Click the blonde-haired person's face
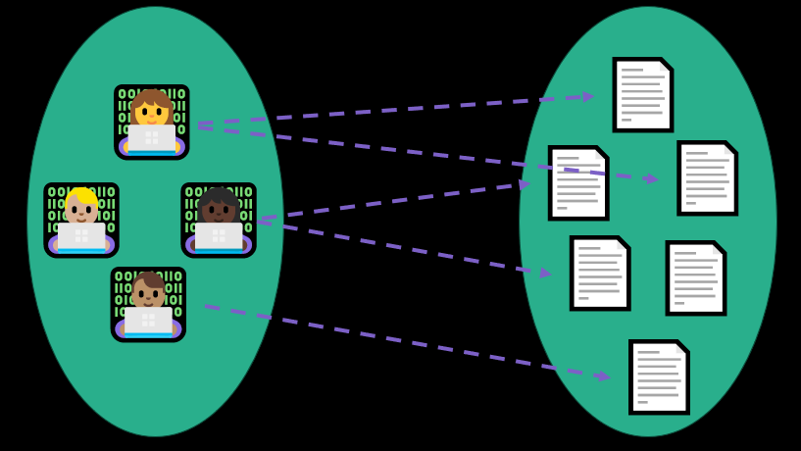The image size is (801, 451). [80, 211]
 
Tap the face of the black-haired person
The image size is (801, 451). [218, 210]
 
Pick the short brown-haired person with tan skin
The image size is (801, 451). [148, 295]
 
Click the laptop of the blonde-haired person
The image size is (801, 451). [81, 236]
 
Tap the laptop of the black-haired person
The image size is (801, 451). [218, 236]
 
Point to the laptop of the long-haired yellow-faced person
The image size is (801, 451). [151, 137]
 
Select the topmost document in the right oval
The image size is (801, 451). [642, 94]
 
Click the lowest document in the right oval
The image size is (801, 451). [659, 376]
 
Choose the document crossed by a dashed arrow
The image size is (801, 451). [577, 182]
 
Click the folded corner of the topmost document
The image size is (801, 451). [665, 66]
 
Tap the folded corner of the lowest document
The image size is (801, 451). [681, 347]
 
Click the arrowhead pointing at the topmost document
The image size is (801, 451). [587, 96]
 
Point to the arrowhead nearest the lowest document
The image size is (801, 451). [603, 376]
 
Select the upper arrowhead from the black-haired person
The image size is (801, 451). [525, 183]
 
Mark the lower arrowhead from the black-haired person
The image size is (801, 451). [545, 273]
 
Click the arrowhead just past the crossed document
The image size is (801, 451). [651, 178]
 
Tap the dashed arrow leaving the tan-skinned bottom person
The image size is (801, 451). [392, 340]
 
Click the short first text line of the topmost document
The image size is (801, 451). [632, 70]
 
